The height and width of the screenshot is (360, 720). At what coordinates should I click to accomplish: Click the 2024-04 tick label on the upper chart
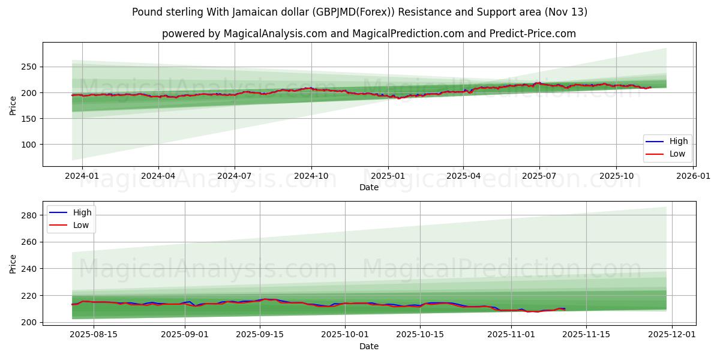(158, 176)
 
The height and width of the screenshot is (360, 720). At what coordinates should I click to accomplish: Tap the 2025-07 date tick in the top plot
(539, 176)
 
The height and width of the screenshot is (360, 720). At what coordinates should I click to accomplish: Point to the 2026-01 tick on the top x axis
(693, 176)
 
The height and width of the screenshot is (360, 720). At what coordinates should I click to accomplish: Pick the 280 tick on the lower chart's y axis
(29, 215)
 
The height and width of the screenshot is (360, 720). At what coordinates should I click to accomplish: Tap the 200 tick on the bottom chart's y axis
(29, 322)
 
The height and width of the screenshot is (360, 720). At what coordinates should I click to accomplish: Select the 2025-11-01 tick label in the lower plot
(511, 334)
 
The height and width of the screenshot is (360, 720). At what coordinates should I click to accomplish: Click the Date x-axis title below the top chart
(368, 187)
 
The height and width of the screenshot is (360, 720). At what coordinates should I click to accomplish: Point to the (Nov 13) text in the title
(566, 12)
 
